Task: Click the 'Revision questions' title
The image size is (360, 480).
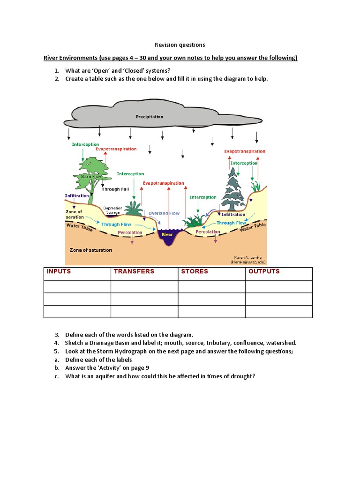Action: point(180,45)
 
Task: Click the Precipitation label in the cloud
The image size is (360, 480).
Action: point(150,117)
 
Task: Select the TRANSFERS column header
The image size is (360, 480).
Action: point(134,271)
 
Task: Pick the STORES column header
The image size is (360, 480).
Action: point(195,271)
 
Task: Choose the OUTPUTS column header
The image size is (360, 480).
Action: point(264,271)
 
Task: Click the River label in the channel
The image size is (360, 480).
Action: point(167,234)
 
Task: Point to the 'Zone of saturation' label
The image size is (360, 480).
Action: point(91,250)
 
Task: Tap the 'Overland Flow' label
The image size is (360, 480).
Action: point(164,213)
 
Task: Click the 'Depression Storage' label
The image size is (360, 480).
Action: point(112,210)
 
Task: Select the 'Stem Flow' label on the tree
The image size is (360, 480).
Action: point(91,176)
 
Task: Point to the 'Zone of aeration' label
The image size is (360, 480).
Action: point(74,215)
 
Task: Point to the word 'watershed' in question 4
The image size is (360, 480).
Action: point(281,343)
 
